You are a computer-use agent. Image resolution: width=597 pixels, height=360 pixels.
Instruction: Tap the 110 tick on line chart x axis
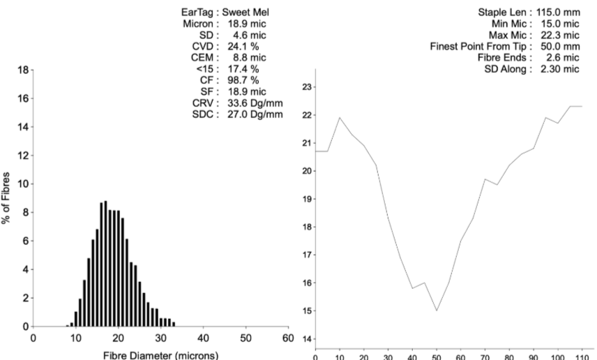[581, 356]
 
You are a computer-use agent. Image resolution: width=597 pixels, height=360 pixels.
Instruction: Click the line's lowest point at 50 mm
[437, 310]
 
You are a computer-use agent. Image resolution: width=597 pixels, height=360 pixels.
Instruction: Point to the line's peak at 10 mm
[340, 117]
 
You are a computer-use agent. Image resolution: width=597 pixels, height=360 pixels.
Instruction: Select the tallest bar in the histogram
[105, 264]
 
